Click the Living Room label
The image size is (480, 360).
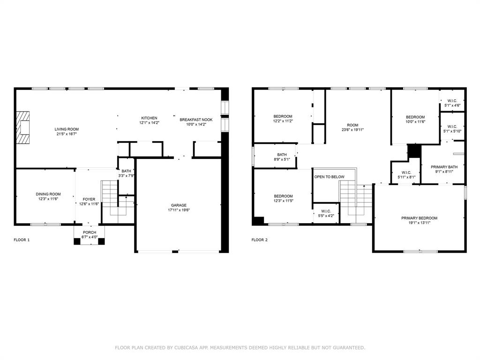coord(67,129)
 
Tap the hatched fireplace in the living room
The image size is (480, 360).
coord(23,127)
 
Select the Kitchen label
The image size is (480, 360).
coord(149,118)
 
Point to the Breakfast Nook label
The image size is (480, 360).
coord(196,120)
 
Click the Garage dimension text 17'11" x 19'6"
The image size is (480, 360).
coord(179,210)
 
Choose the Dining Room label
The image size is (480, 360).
coord(48,194)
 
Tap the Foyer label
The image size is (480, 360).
coord(89,199)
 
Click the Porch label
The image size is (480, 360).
coord(90,232)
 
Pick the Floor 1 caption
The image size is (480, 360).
coord(22,240)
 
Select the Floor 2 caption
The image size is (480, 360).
coord(260,240)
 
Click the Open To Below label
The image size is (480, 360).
coord(330,177)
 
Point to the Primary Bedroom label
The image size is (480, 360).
coord(420,218)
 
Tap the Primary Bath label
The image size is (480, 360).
coord(444,167)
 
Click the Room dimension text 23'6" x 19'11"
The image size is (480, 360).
coord(352,130)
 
